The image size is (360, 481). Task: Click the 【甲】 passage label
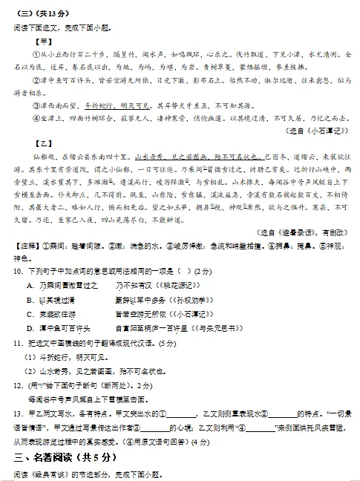(x=33, y=40)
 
